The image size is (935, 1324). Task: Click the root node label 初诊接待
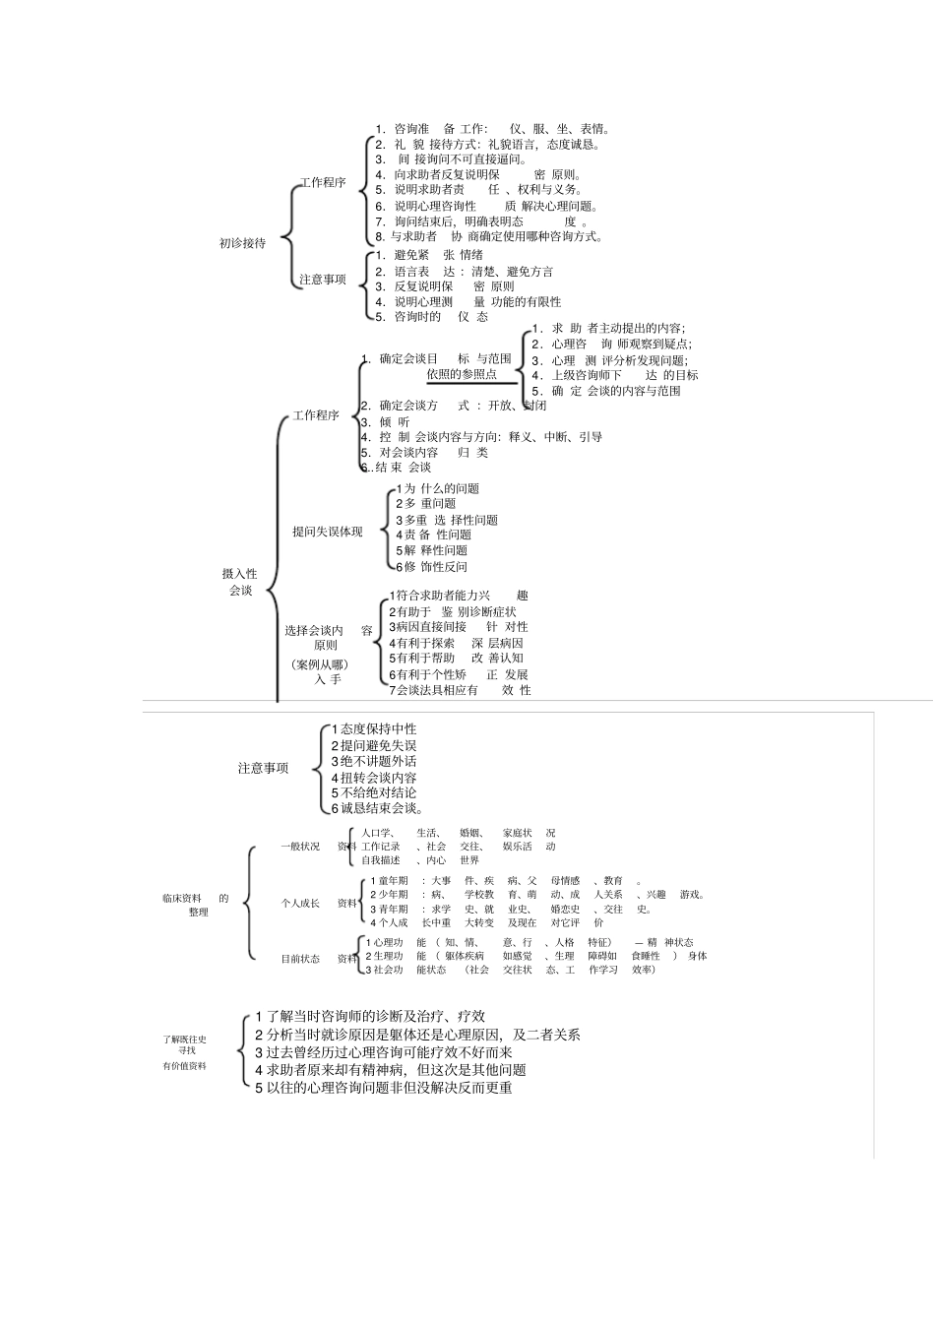tap(242, 243)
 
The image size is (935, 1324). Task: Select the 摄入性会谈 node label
tap(240, 582)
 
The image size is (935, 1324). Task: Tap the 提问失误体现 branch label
tap(327, 532)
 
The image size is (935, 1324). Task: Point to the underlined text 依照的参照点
tap(462, 375)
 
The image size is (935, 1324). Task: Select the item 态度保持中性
tap(374, 729)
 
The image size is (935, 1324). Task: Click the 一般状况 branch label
tap(300, 847)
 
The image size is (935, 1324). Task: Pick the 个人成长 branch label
tap(300, 903)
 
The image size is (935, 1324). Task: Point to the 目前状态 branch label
tap(300, 959)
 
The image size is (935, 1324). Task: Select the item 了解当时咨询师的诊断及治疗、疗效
tap(370, 1016)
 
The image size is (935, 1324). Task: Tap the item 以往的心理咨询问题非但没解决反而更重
tap(384, 1088)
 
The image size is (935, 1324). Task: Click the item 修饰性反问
tap(432, 567)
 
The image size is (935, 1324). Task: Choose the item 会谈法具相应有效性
tap(460, 690)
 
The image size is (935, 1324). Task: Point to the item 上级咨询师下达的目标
tap(615, 375)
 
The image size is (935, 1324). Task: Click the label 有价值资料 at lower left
tap(185, 1066)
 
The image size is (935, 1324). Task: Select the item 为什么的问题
tap(438, 489)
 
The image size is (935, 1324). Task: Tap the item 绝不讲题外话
tap(374, 761)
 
